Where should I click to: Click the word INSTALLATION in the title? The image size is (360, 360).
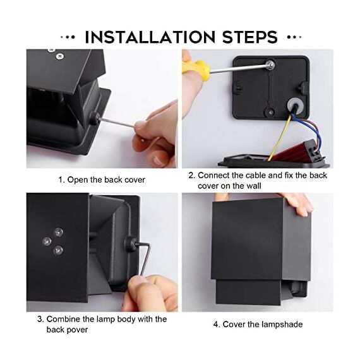(150, 37)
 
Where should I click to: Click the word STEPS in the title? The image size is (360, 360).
(250, 37)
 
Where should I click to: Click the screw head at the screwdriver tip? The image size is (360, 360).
(270, 65)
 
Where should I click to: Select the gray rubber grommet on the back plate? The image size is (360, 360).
(294, 105)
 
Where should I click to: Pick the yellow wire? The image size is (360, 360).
(280, 137)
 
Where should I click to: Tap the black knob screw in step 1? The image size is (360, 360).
(94, 118)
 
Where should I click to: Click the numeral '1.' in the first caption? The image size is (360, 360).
(61, 180)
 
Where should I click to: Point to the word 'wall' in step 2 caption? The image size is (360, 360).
(253, 186)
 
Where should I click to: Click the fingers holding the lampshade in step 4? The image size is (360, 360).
(298, 203)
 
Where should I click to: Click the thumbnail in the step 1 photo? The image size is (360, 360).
(159, 160)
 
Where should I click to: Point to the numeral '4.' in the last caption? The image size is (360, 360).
(217, 325)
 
